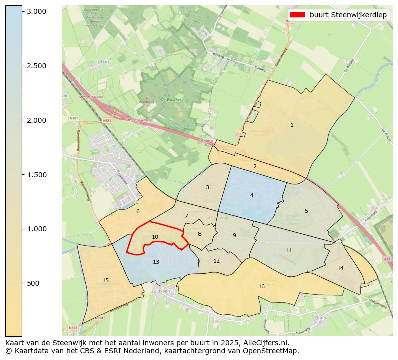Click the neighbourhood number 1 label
(x=292, y=125)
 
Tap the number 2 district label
(x=255, y=166)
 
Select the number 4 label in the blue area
(x=252, y=195)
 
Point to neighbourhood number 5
(x=306, y=211)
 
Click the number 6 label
(x=138, y=211)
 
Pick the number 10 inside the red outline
(x=155, y=237)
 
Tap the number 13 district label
(x=156, y=262)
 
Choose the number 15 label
(x=105, y=280)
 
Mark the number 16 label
(x=261, y=286)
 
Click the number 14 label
(x=341, y=268)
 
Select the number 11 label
(x=288, y=250)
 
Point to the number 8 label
(x=200, y=234)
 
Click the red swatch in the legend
(x=297, y=15)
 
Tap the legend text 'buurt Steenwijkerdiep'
(x=348, y=15)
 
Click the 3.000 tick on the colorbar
(x=36, y=11)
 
